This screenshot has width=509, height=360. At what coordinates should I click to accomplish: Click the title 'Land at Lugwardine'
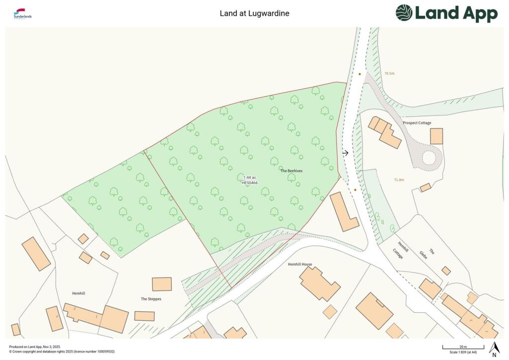254,13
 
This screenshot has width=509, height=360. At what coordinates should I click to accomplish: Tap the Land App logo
446,13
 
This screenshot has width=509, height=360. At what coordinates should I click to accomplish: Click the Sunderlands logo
23,14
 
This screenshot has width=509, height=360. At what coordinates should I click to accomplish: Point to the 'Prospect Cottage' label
417,123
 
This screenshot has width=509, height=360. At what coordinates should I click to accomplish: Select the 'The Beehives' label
291,171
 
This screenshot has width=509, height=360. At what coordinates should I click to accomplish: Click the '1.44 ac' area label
250,178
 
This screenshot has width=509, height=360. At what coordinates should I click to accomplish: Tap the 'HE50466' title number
250,183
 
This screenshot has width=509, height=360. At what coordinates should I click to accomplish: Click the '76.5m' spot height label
389,74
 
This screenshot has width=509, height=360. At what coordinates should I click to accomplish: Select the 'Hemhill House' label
300,264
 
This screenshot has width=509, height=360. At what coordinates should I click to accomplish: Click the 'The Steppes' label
151,299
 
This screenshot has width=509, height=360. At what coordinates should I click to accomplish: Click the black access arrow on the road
345,153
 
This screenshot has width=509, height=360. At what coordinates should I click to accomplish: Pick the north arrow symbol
494,349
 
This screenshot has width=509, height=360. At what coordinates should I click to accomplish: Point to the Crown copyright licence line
62,352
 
